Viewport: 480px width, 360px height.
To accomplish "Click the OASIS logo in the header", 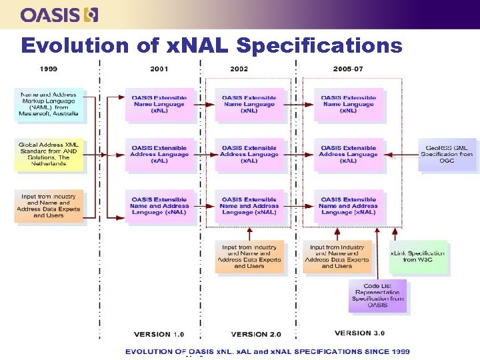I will [x=59, y=14].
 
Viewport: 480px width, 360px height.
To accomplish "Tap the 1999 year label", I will [x=48, y=69].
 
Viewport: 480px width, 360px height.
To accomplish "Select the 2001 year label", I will [x=159, y=69].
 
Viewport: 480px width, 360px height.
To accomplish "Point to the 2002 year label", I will [x=239, y=69].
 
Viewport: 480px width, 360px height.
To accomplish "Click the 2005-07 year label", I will [x=350, y=69].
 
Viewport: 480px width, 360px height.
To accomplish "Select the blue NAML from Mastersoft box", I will [x=49, y=104].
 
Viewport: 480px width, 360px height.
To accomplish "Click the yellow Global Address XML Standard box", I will [x=49, y=154].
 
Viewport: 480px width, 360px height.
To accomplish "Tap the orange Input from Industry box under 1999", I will [x=49, y=206].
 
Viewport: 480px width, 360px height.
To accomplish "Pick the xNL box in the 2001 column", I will [x=159, y=104].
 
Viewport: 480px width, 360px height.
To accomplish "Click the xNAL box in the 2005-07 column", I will [x=348, y=206].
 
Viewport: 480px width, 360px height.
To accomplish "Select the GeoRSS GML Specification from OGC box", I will [x=447, y=155].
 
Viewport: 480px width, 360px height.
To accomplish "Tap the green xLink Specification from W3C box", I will [x=418, y=257].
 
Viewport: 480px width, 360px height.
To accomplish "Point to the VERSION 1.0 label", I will [x=159, y=334].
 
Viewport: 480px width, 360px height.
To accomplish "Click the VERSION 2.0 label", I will [x=257, y=334].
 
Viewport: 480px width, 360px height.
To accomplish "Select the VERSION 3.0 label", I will [x=359, y=333].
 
